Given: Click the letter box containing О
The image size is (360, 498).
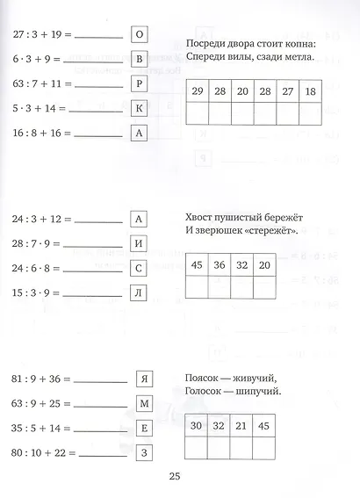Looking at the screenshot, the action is (139, 35).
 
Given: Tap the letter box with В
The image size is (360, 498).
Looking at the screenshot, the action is (139, 60).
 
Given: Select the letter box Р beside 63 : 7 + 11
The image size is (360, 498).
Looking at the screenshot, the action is (139, 84).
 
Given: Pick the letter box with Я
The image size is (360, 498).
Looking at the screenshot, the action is (146, 380).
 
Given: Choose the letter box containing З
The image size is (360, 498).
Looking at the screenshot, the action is (146, 454).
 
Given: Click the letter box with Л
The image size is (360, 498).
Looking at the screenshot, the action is (138, 293).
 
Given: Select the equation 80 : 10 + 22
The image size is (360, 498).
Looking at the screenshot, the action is (44, 454).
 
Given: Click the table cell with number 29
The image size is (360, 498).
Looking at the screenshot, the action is (198, 91).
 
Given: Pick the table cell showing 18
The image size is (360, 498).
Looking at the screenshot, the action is (311, 91).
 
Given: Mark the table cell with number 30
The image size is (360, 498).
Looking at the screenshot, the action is (198, 426).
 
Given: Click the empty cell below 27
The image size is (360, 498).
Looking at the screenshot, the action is (288, 113).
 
